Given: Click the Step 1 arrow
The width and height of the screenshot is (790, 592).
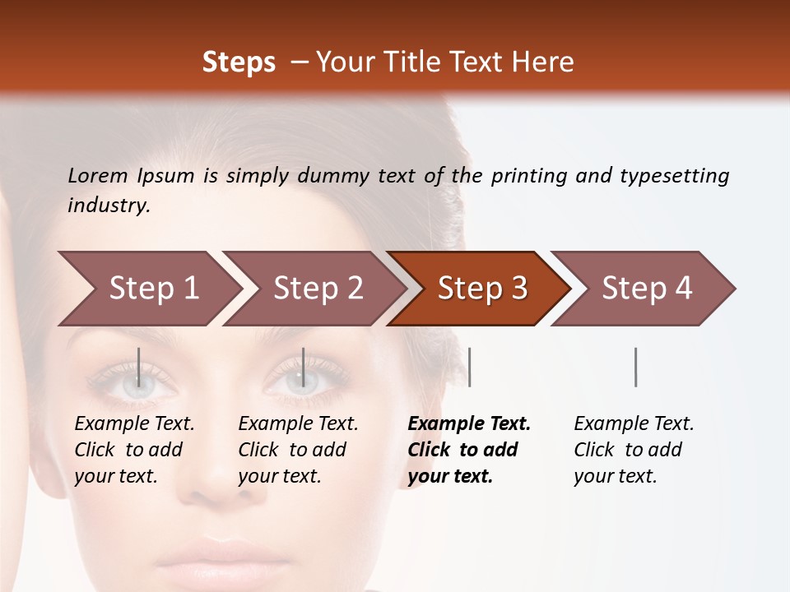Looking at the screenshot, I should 148,289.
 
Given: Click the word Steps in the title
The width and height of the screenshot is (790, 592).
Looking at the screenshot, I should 239,62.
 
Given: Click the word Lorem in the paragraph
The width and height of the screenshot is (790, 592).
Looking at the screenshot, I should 98,175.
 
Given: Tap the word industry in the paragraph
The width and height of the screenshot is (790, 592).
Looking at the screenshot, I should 109,206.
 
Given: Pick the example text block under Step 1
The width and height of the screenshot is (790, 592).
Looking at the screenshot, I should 134,450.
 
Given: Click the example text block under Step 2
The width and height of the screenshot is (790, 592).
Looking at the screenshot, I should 298,450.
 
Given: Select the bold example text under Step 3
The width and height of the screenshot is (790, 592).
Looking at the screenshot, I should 469,450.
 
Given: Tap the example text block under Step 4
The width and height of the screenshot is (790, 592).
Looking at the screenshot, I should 634,450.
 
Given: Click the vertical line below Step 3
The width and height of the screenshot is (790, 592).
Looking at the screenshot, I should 469,367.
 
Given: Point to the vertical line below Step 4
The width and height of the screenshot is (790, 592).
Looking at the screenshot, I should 636,367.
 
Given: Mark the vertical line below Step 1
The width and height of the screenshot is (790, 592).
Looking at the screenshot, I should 139,367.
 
